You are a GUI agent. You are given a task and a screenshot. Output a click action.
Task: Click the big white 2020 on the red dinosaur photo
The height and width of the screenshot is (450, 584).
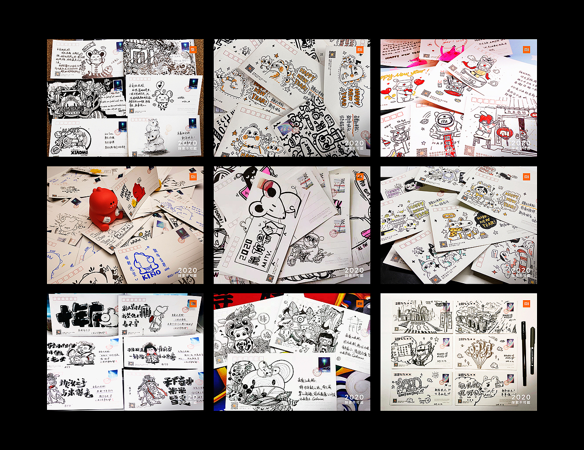(187, 270)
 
